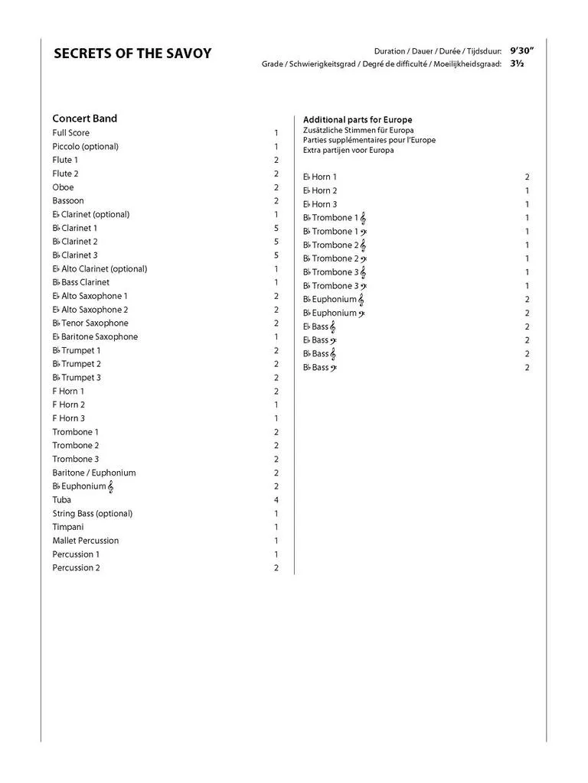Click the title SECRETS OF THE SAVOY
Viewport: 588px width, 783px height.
point(132,54)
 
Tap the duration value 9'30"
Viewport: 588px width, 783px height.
point(521,50)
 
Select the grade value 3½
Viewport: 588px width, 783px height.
point(517,63)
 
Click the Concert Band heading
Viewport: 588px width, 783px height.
point(84,119)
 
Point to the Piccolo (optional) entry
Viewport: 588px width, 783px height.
point(85,146)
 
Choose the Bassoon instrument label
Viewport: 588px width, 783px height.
point(68,200)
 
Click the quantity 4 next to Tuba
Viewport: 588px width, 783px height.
point(276,500)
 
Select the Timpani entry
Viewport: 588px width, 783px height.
point(68,527)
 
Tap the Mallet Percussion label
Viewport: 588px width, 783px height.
point(85,541)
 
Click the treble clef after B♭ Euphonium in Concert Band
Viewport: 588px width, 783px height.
point(111,486)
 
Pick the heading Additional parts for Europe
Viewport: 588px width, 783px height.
point(358,120)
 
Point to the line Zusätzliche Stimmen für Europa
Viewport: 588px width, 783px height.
point(358,130)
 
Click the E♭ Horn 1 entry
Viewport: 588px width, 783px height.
point(320,177)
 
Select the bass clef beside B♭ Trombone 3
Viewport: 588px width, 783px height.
point(363,286)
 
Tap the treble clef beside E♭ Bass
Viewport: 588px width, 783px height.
point(333,327)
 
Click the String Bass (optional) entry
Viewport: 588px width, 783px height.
point(92,513)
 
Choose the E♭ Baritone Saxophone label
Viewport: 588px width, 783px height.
point(95,336)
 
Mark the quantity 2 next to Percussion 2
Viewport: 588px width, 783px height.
point(276,568)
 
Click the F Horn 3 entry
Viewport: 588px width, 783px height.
point(68,418)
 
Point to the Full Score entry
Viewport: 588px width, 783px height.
point(70,133)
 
